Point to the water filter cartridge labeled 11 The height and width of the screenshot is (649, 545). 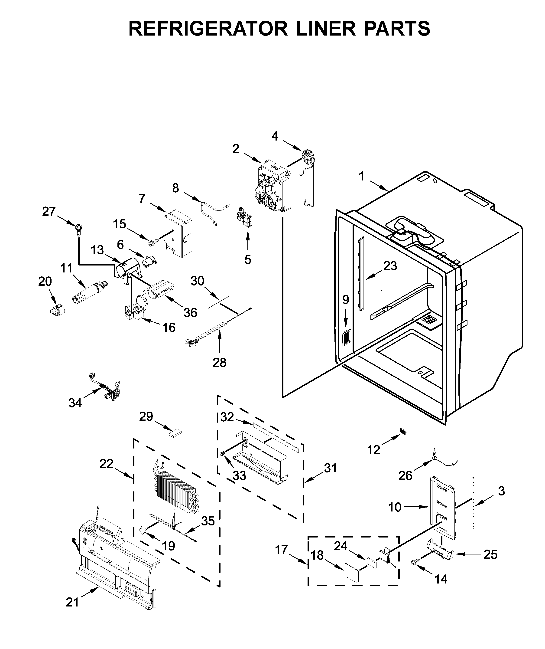pos(89,292)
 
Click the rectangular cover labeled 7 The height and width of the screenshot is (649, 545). pos(178,233)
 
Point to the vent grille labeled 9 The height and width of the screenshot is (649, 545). pos(346,337)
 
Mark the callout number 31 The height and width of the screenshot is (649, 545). pos(330,468)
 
